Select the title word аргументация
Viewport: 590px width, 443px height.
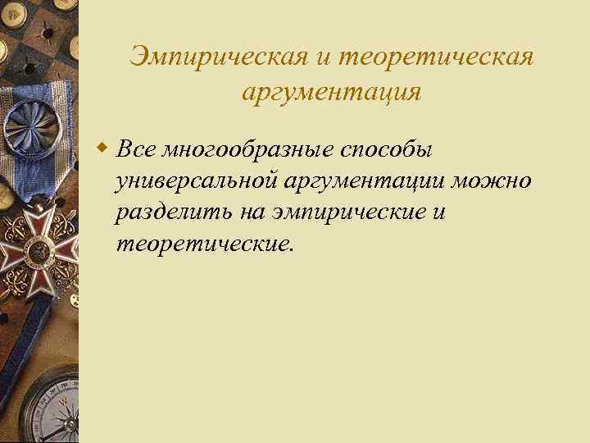point(332,93)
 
